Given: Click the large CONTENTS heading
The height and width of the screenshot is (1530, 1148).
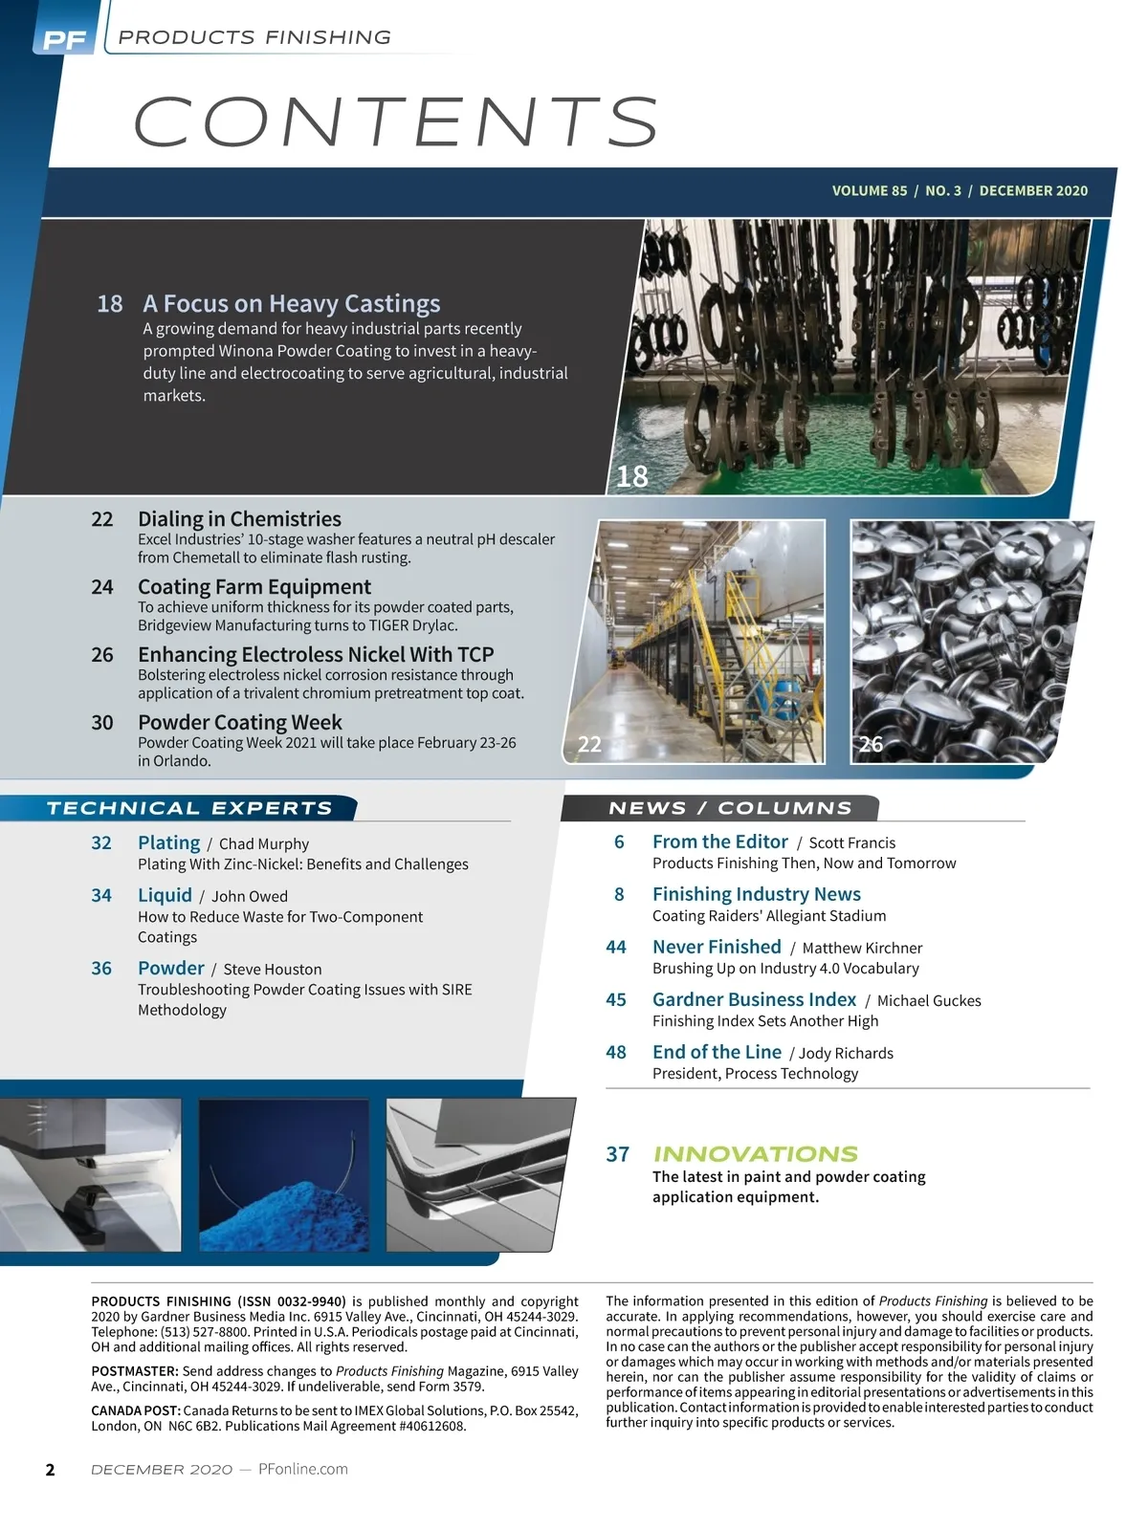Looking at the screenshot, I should coord(396,121).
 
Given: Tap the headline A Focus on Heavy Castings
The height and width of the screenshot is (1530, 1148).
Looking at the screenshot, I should coord(292,303).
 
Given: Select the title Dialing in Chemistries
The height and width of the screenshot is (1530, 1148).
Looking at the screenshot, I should coord(239,518).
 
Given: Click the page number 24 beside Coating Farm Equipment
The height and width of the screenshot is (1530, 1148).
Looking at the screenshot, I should coord(102,587).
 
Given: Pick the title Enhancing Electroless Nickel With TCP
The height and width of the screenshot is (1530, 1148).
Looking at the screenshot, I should coord(316,654).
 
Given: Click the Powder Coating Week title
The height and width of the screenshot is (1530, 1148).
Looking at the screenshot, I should coord(239,722).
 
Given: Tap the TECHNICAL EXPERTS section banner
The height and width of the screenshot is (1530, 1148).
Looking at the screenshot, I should coord(189,808).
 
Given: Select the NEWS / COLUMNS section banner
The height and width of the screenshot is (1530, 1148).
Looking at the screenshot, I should coord(730,808).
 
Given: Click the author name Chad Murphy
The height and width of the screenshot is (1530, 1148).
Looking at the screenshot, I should coord(264,843).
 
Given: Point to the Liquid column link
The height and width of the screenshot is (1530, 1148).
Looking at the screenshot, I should coord(165,895).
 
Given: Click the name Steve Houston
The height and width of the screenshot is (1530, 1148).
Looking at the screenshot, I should coord(273,969).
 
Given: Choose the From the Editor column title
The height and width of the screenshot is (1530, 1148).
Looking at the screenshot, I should coord(720,841).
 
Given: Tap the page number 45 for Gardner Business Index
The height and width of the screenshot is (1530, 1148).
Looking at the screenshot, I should coord(616,999).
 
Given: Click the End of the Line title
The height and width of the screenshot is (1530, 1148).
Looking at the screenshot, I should coord(717,1052).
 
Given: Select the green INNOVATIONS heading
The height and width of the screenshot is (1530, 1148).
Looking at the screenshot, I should coord(756,1153).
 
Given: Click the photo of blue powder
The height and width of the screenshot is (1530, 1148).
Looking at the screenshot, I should coord(283,1174).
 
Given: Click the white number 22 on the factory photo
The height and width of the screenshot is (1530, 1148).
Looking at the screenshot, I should coord(590,744).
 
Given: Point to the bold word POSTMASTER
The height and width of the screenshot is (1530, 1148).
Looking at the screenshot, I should coord(134,1371).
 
